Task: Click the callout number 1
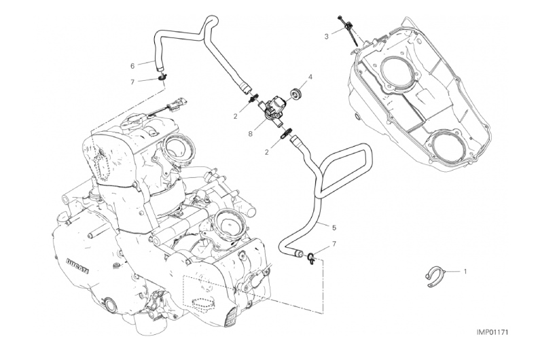coord(465,272)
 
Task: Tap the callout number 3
coord(326,37)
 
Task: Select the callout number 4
coord(310,77)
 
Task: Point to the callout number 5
coord(334,228)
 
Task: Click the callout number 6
coord(132,66)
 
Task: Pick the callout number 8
coord(251,134)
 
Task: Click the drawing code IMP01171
coord(492,332)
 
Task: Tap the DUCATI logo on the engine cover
coord(77,266)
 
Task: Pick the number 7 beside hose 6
coord(132,82)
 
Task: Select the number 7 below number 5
coord(334,244)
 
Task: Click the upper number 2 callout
coord(235,117)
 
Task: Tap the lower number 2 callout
coord(266,152)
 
